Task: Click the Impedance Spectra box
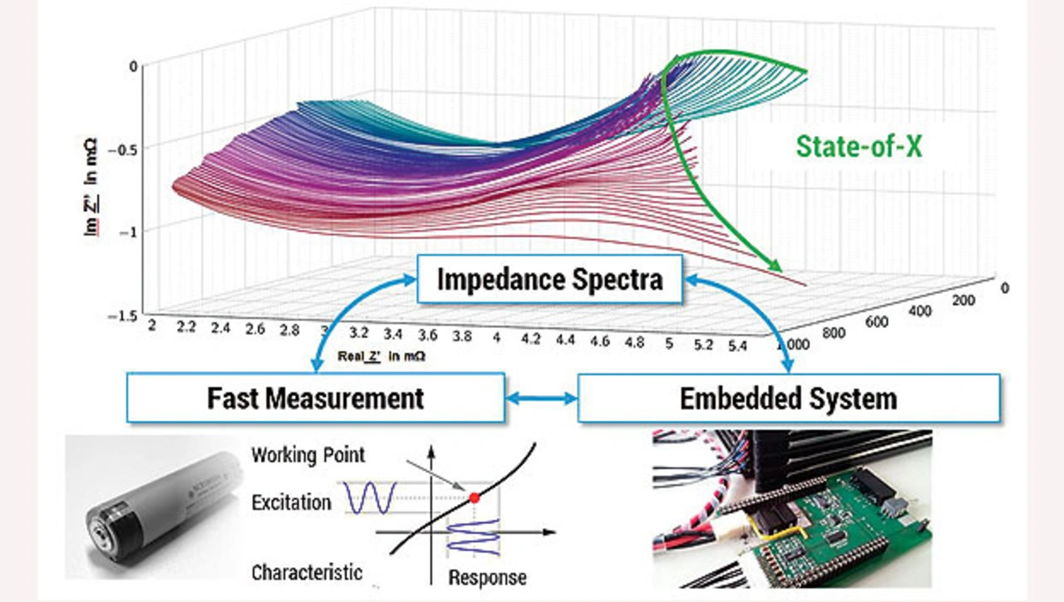click(x=549, y=279)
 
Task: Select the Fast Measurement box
click(x=315, y=398)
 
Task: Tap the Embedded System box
click(x=788, y=398)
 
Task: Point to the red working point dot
click(x=475, y=497)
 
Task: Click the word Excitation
click(x=291, y=502)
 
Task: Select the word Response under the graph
click(x=487, y=577)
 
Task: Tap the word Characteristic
click(x=307, y=572)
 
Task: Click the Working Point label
click(x=308, y=455)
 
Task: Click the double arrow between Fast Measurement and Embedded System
click(x=541, y=399)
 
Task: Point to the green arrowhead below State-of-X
click(x=775, y=265)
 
